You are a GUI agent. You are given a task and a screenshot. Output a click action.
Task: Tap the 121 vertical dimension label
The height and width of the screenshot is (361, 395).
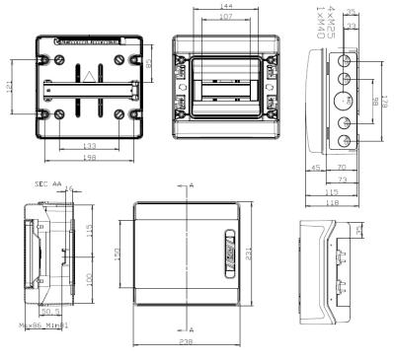coord(10,90)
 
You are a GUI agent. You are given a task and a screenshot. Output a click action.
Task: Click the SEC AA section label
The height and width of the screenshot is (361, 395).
coord(47,183)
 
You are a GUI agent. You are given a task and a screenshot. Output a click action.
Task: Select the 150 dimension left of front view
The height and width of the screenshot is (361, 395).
coord(119,253)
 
